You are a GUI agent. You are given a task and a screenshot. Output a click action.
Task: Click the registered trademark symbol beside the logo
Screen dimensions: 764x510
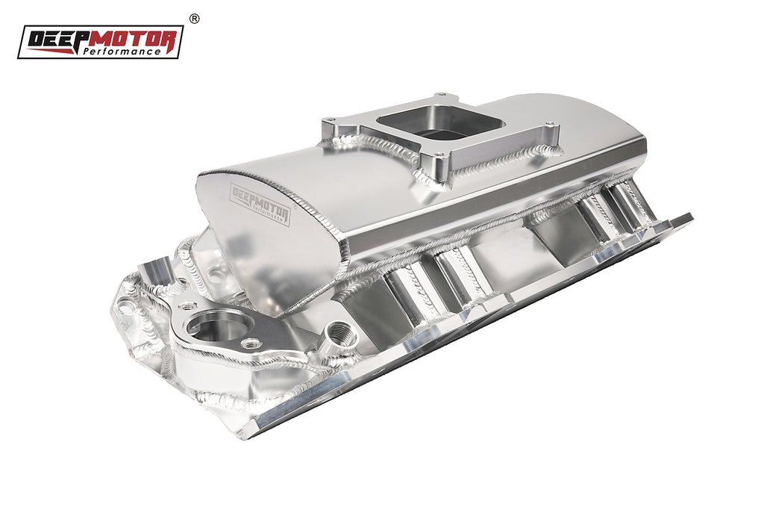pos(194,19)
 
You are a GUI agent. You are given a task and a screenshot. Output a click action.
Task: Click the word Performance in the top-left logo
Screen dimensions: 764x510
pos(122,52)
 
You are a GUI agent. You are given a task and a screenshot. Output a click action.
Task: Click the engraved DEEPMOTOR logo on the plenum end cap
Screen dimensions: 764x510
pos(260,205)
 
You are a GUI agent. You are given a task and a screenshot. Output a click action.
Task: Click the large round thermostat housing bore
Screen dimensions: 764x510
pos(220,324)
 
